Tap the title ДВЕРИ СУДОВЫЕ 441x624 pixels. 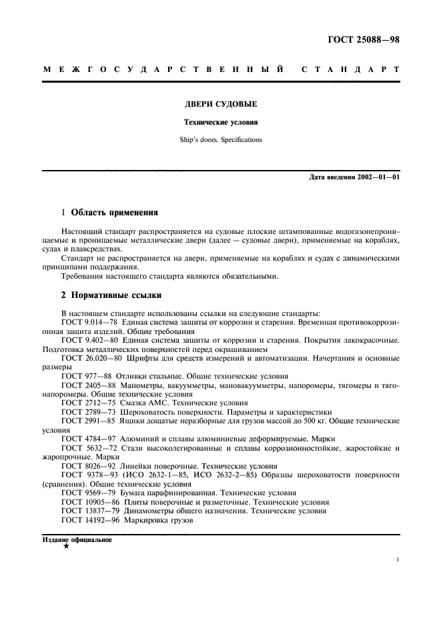[220, 105]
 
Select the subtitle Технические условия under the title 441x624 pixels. [220, 123]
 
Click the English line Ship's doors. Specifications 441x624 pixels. [220, 141]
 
